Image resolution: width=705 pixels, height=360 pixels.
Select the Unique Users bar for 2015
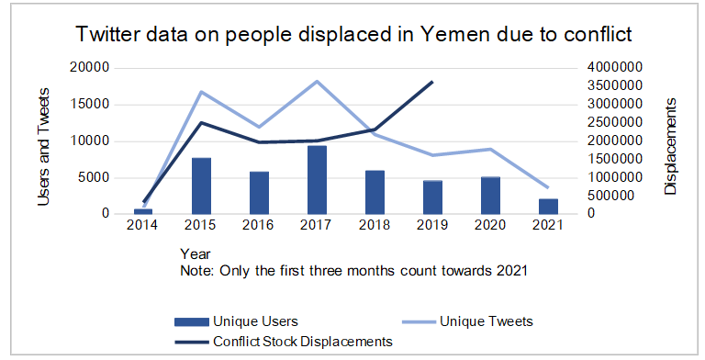(201, 186)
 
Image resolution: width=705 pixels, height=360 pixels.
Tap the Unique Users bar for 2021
(548, 207)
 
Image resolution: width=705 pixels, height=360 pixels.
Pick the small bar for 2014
(143, 211)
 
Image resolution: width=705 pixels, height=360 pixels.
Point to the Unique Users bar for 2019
(432, 197)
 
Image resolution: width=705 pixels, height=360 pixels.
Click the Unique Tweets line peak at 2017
(317, 81)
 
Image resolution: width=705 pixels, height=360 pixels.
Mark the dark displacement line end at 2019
(432, 82)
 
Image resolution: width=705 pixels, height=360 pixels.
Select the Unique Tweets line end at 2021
(548, 187)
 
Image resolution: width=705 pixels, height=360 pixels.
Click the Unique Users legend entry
(236, 321)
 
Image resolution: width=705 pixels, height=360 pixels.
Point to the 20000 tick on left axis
(92, 68)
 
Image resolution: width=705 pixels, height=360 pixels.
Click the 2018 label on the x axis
(375, 226)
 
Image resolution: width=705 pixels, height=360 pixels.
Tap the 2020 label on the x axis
(490, 226)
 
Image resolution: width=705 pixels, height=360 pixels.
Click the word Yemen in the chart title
(453, 36)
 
